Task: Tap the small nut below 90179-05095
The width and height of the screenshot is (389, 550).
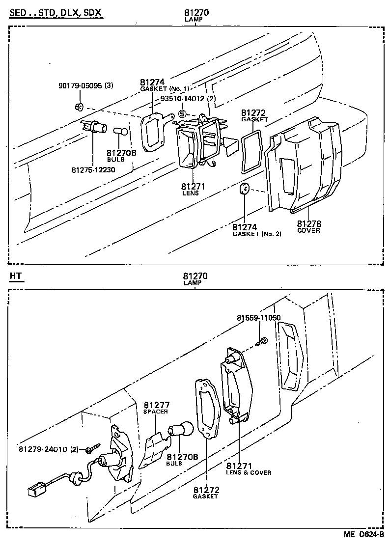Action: [x=80, y=107]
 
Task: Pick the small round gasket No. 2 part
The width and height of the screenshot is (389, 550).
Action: [x=244, y=189]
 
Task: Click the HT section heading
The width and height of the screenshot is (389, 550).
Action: [x=16, y=276]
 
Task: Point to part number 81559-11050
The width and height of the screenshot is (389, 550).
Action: [x=258, y=318]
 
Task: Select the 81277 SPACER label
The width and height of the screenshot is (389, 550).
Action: [x=156, y=408]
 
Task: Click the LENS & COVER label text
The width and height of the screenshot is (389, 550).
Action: [x=248, y=472]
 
